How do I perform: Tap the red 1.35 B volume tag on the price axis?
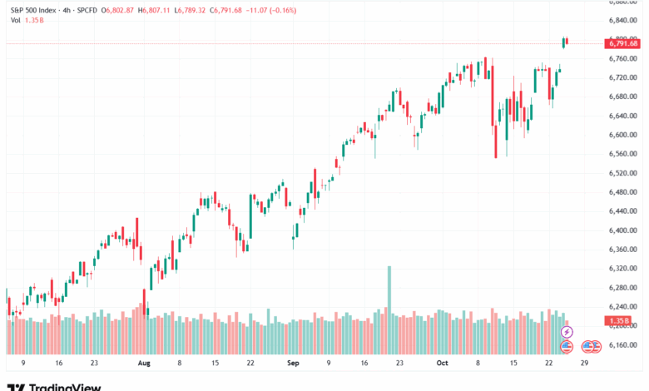click(619, 320)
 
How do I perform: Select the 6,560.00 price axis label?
click(622, 154)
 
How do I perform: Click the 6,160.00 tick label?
click(622, 344)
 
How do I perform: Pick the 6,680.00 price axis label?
click(622, 97)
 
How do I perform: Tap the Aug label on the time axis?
click(143, 364)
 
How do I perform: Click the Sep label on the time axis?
click(292, 364)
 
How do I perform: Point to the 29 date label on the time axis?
click(585, 364)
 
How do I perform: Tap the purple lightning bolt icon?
click(567, 332)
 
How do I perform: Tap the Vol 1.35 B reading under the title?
click(25, 22)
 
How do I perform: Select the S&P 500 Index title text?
click(32, 10)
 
